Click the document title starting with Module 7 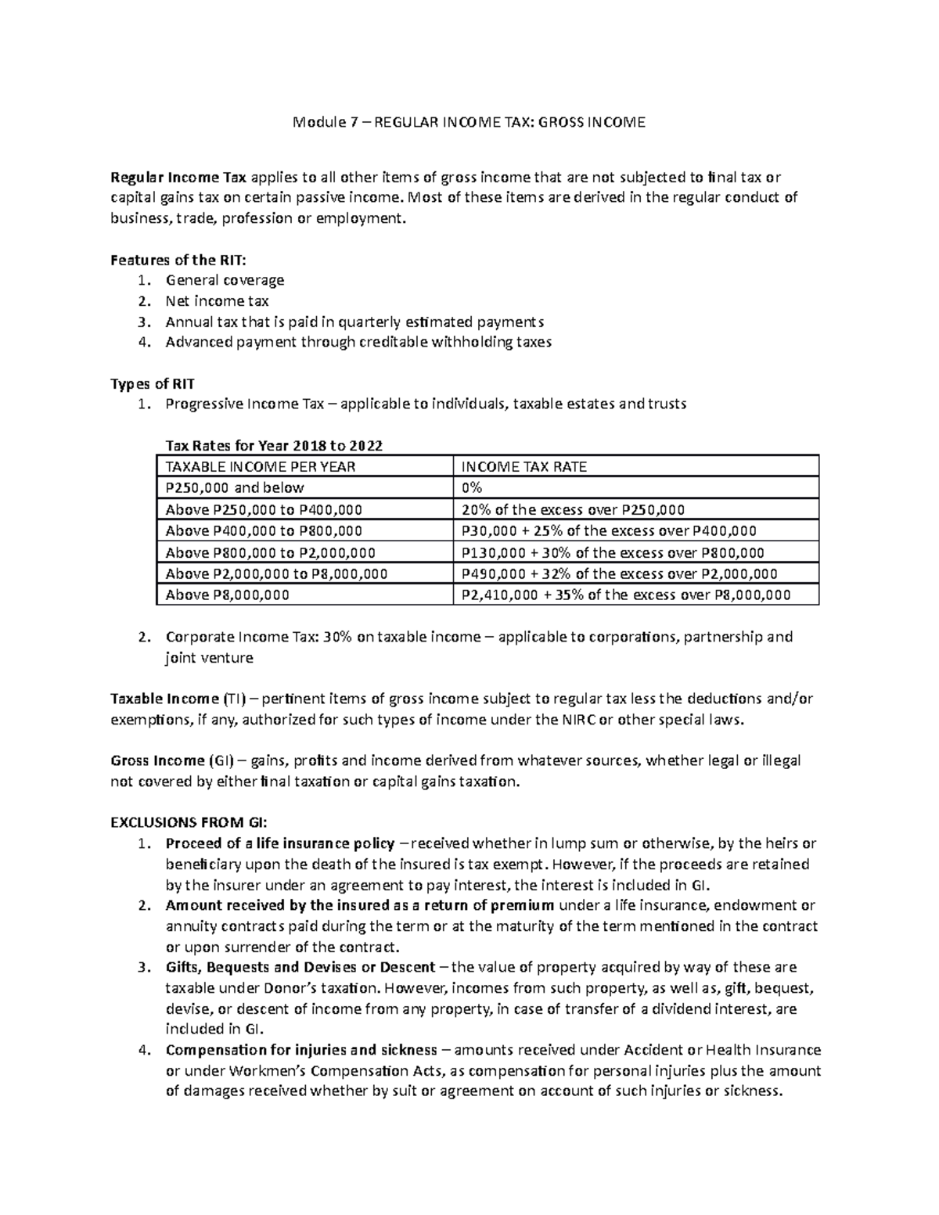469,123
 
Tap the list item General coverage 225,280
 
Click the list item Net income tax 217,301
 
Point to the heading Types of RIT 153,383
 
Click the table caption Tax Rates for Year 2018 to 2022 274,446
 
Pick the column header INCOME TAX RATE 524,467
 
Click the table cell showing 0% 472,488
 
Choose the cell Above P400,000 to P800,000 264,531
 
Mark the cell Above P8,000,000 227,595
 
